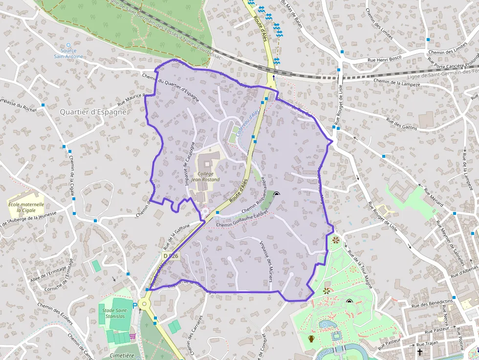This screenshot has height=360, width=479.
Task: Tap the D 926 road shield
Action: [171, 256]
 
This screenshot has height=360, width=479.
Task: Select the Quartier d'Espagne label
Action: [93, 112]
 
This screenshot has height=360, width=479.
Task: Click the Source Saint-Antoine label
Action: [68, 53]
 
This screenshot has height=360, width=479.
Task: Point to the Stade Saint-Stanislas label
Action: [115, 313]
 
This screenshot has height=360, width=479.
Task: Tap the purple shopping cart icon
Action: [132, 337]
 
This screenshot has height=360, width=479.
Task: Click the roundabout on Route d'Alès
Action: [143, 305]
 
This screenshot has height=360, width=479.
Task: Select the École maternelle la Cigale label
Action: [26, 207]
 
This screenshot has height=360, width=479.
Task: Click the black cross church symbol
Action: [419, 351]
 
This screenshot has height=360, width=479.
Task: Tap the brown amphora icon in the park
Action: [311, 339]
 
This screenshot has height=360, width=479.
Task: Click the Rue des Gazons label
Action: [399, 123]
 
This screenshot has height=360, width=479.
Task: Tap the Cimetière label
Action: [122, 356]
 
